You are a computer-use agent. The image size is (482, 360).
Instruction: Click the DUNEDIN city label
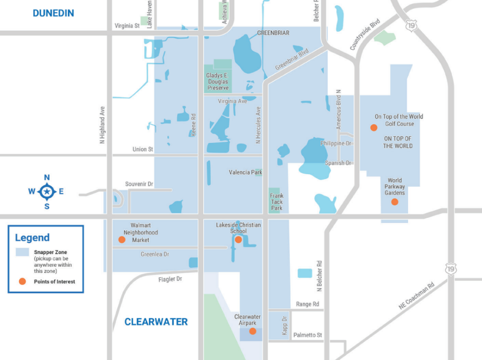click(53, 13)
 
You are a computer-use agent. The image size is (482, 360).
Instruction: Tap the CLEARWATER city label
click(156, 322)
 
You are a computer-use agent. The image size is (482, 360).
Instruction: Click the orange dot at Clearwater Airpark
click(253, 331)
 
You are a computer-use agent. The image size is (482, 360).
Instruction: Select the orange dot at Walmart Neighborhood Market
click(121, 240)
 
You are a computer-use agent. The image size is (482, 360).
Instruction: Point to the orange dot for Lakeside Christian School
click(238, 240)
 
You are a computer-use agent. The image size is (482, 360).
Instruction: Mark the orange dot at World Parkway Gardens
click(394, 202)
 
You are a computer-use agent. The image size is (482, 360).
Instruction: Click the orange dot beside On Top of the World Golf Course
click(374, 128)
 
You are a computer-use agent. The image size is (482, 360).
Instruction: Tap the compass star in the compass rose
click(47, 192)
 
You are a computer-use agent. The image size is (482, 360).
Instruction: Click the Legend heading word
click(32, 238)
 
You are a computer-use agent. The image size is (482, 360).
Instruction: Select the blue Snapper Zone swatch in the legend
click(22, 252)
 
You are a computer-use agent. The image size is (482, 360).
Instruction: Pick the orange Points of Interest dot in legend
click(22, 281)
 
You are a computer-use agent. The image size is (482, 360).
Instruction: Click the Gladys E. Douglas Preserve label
click(218, 81)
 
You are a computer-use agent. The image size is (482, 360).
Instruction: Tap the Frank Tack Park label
click(277, 201)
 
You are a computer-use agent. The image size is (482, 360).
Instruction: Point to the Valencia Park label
click(245, 172)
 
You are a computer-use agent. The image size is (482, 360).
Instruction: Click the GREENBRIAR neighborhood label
click(273, 33)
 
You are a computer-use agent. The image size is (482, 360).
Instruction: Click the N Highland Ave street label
click(102, 124)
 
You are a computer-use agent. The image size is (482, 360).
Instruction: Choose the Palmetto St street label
click(307, 335)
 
